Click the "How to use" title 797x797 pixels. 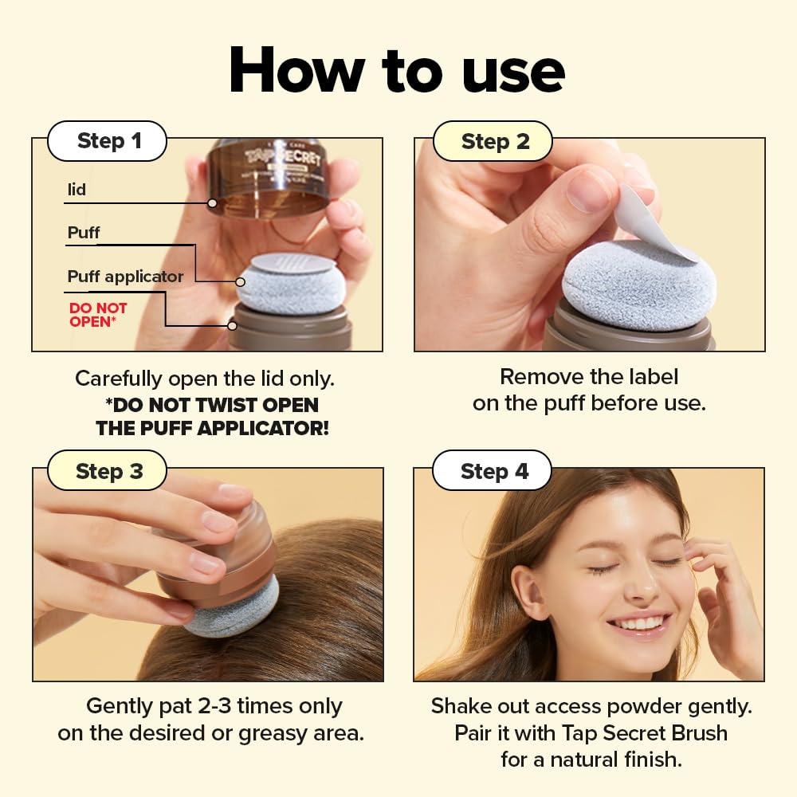tap(397, 71)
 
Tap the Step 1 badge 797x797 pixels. tap(108, 141)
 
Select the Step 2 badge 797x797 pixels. tap(495, 142)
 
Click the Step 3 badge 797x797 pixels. tap(108, 471)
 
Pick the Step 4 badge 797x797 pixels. tap(494, 471)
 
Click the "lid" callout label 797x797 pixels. tap(77, 190)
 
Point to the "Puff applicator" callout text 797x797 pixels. tap(125, 277)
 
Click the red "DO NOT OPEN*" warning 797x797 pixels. tap(98, 315)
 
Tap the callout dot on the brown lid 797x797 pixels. tap(212, 203)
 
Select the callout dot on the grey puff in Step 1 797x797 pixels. tap(240, 281)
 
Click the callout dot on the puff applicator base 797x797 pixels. tap(232, 325)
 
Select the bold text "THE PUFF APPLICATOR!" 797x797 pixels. tap(212, 428)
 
